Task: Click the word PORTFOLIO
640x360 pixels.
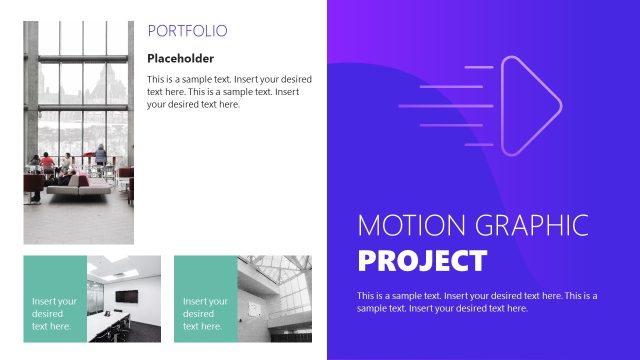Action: pos(187,31)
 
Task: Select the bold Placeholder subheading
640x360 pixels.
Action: pos(180,58)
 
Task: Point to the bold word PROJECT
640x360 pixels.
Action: pos(422,261)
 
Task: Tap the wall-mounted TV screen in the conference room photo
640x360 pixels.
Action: pos(126,296)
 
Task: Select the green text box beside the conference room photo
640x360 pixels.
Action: pos(54,297)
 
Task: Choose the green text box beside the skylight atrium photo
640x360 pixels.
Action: pos(204,297)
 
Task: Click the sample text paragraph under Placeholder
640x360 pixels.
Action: pos(229,91)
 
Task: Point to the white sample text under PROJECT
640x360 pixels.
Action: pos(476,301)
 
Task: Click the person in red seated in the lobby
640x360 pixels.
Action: pos(46,162)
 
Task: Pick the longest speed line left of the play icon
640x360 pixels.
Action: pos(446,104)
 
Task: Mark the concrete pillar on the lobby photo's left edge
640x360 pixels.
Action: pos(31,100)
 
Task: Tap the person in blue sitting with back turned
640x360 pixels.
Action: pos(100,156)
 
